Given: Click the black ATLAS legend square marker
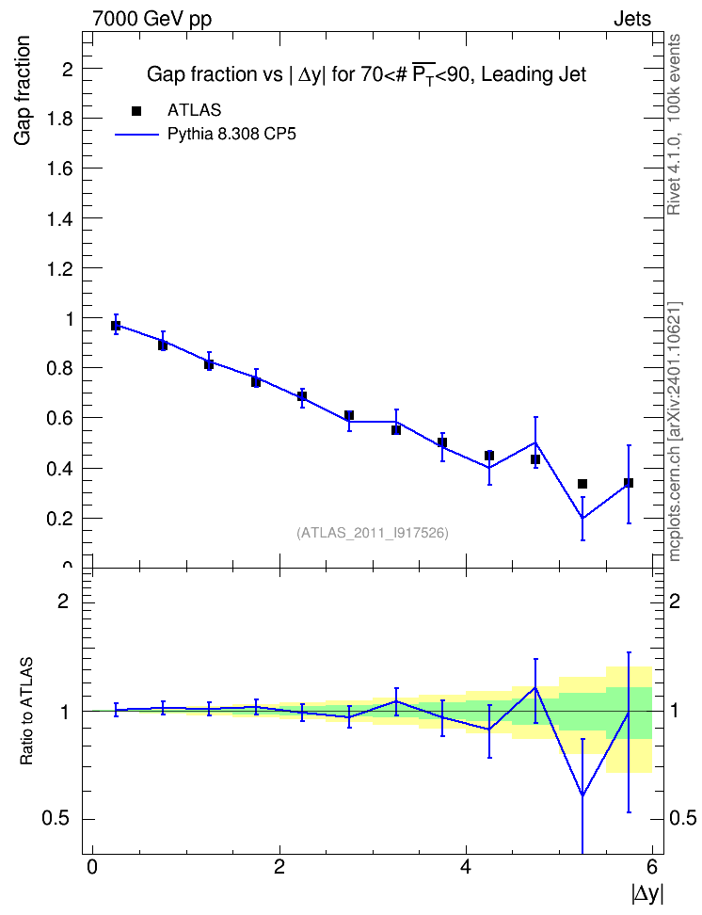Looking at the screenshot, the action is (x=136, y=111).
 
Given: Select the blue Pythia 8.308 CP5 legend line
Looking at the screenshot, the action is (x=136, y=135).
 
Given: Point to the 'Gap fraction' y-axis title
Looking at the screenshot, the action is (x=23, y=90).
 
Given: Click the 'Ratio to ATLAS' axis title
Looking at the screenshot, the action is (x=26, y=711).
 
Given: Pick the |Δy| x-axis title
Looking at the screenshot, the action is (x=647, y=893).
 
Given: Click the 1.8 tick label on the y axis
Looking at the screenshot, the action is (x=59, y=119).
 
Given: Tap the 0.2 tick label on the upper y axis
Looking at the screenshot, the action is (x=59, y=518).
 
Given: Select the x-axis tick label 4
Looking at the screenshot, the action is (x=466, y=867).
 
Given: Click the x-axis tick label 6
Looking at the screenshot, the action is (x=652, y=867).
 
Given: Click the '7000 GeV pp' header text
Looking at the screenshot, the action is (x=152, y=19).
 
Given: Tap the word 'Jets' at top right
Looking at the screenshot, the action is (x=632, y=19).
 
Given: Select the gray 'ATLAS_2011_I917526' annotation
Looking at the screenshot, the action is (x=373, y=533).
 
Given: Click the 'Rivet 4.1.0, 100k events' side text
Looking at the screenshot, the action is (x=674, y=124).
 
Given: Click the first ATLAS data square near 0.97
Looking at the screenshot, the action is (x=116, y=326).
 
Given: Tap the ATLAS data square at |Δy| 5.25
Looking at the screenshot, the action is (x=582, y=484).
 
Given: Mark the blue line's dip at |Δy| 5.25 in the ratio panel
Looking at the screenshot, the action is (x=582, y=795).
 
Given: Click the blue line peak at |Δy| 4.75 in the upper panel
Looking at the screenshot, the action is (x=535, y=442).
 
